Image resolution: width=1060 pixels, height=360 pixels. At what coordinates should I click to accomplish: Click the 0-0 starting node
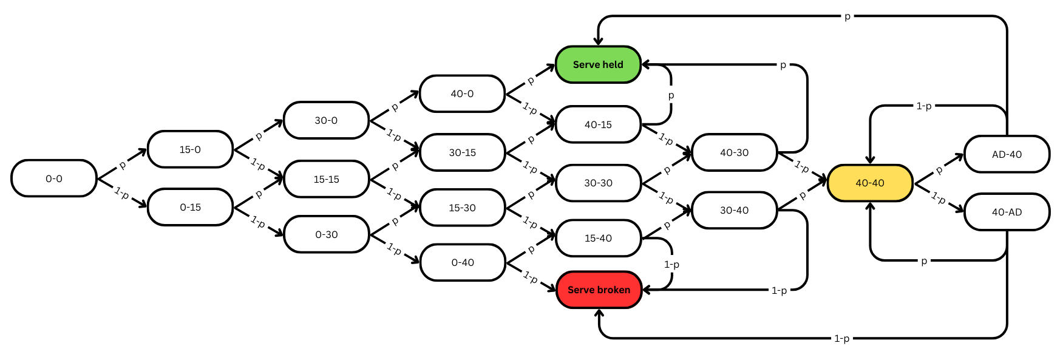tap(54, 178)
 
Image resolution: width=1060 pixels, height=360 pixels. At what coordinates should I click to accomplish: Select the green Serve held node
tap(598, 64)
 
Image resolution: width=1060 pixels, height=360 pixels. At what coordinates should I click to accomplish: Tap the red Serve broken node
tap(599, 290)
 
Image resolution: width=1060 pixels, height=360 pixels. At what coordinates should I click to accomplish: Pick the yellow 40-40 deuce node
tap(870, 183)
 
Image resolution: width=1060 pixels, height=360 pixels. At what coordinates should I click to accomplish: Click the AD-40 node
tap(1007, 154)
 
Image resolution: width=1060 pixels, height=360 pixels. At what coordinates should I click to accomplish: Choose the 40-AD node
tap(1007, 212)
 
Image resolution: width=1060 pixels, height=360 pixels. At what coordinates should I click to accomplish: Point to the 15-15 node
tap(326, 179)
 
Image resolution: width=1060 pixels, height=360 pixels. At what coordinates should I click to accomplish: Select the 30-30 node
tap(598, 183)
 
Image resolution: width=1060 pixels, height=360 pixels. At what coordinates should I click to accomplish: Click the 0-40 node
tap(462, 262)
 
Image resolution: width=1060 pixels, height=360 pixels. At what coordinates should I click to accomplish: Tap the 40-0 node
tap(462, 93)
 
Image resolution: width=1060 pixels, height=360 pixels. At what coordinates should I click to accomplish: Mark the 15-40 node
tap(598, 238)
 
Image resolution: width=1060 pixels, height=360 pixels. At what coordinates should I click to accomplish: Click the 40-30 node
tap(734, 152)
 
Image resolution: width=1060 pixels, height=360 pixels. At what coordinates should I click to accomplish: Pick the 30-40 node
tap(734, 210)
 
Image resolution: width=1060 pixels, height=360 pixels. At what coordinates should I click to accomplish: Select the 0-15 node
tap(190, 207)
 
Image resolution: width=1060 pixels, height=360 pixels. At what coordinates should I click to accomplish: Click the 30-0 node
tap(326, 120)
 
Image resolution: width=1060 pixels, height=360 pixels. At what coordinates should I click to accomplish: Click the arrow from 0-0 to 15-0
tap(122, 164)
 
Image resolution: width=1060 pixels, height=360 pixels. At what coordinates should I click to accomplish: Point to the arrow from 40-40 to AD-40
tap(939, 168)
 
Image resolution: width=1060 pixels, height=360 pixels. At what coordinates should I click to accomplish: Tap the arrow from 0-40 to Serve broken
tap(531, 276)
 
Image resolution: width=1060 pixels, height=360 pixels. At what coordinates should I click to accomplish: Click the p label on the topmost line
tap(847, 16)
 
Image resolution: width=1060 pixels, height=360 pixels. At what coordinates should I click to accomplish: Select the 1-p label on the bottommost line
tap(841, 338)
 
